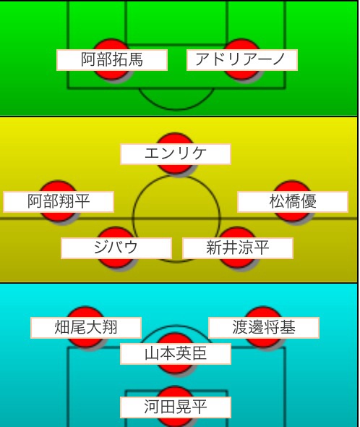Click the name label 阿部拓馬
(x=112, y=60)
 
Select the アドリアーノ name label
(x=242, y=60)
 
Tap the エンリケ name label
(x=176, y=154)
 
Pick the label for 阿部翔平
(x=59, y=202)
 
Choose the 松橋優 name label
(x=293, y=202)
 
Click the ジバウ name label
(x=116, y=248)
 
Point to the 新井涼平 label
(x=238, y=248)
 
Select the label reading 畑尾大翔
(x=86, y=328)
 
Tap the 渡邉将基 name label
(x=264, y=328)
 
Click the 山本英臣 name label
(x=176, y=354)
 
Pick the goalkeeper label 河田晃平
(x=176, y=407)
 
